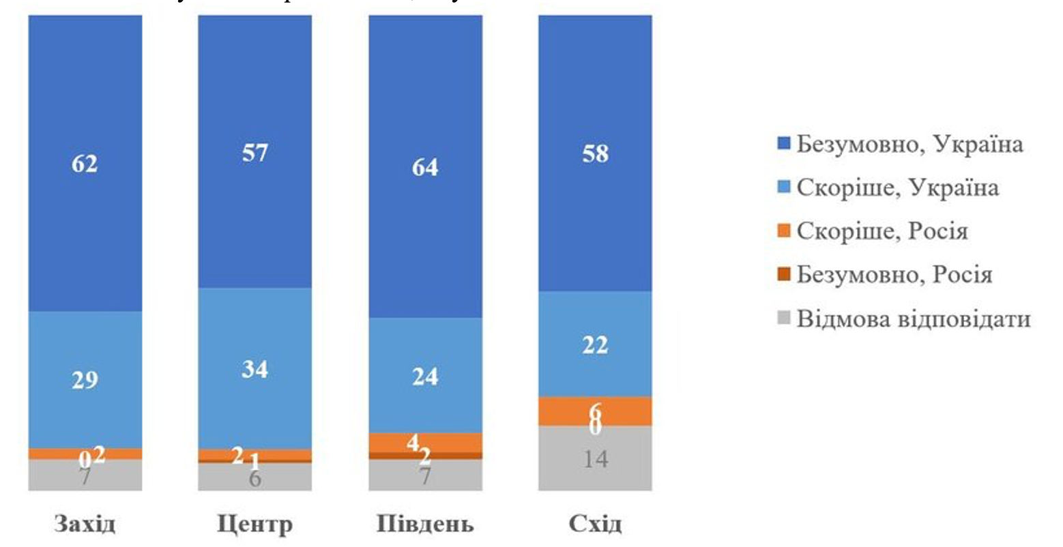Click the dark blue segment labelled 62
[85, 164]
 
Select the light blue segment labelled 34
[254, 368]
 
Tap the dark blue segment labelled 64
[425, 167]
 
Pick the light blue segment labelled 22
[595, 344]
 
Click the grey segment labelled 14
[595, 458]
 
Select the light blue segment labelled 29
[85, 379]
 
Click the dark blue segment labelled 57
[254, 152]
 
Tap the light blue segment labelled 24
[425, 376]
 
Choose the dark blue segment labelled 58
[595, 153]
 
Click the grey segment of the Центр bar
[254, 477]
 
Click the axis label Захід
[85, 524]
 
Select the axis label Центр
[254, 524]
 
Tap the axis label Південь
[425, 524]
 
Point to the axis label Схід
[595, 524]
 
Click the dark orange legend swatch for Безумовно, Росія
[785, 274]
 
